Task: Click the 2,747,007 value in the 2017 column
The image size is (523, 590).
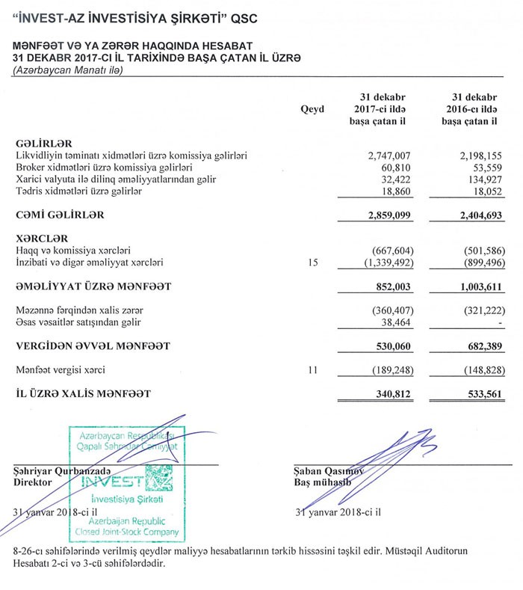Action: pos(389,156)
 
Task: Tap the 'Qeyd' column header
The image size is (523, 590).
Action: pos(312,109)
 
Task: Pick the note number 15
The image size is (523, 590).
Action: pos(313,262)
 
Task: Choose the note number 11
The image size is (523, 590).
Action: pos(313,369)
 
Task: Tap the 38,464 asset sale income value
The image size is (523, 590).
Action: pos(395,322)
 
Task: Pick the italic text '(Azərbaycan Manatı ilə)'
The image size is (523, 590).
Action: pos(67,70)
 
